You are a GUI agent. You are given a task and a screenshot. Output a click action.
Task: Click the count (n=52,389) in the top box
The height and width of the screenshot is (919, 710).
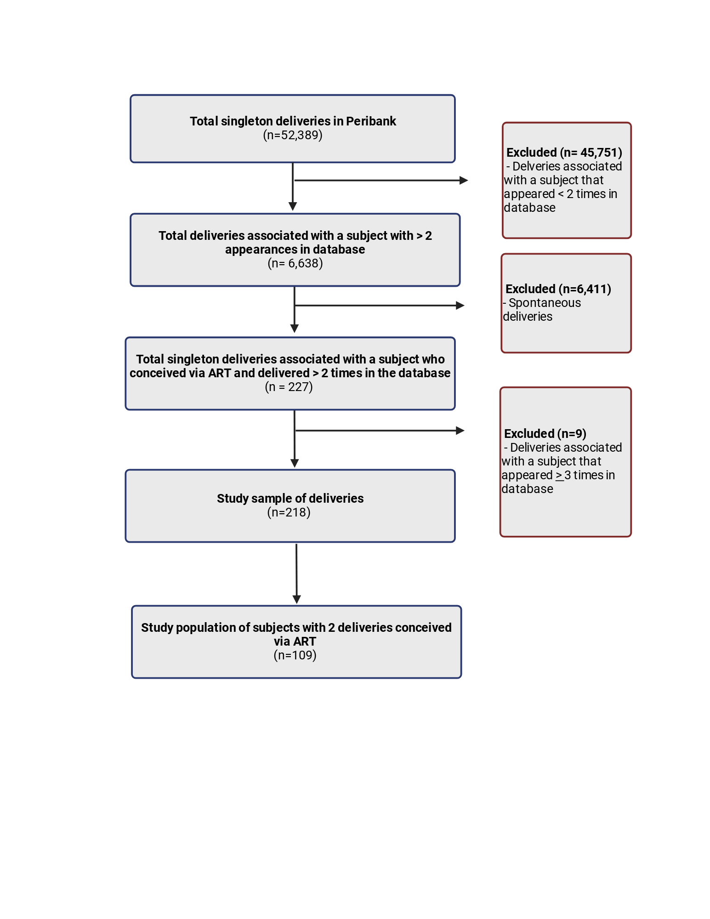click(293, 135)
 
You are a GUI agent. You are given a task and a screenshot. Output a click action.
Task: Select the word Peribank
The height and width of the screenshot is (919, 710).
click(371, 121)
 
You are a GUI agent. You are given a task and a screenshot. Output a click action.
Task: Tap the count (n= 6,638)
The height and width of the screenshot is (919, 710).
click(295, 263)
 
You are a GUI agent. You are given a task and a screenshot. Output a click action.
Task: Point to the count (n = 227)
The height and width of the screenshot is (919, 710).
click(289, 387)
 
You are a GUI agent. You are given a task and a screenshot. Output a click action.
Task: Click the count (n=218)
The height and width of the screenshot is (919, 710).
click(289, 512)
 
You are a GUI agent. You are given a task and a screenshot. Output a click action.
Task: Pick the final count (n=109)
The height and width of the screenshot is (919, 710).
click(295, 655)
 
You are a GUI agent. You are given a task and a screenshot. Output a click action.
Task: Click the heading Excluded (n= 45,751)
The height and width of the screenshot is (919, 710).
click(564, 153)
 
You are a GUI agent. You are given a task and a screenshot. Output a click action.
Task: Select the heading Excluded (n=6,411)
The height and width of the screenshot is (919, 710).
click(558, 289)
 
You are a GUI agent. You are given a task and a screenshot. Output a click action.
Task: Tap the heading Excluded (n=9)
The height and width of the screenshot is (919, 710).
click(545, 434)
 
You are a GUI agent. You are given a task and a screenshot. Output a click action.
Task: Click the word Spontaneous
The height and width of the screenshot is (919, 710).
click(545, 303)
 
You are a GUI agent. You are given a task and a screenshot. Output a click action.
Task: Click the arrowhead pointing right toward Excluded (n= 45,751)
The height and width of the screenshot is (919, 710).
click(464, 181)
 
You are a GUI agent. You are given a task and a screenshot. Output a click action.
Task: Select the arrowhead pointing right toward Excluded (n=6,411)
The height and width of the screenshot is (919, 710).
click(460, 306)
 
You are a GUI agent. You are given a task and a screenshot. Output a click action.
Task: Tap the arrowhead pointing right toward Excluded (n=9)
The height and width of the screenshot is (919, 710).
click(460, 431)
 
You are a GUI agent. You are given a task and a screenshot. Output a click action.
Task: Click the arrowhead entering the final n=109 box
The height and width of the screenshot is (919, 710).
click(297, 600)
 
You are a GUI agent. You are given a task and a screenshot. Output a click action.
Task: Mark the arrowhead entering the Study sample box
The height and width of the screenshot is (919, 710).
click(295, 464)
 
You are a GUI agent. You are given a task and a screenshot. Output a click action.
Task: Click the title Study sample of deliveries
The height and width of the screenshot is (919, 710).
click(290, 499)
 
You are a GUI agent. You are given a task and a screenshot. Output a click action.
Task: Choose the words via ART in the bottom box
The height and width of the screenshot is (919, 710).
click(295, 641)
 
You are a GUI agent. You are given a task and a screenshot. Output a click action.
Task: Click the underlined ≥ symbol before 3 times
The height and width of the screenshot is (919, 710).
click(559, 476)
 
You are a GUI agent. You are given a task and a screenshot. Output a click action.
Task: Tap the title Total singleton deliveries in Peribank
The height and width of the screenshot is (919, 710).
click(293, 121)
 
